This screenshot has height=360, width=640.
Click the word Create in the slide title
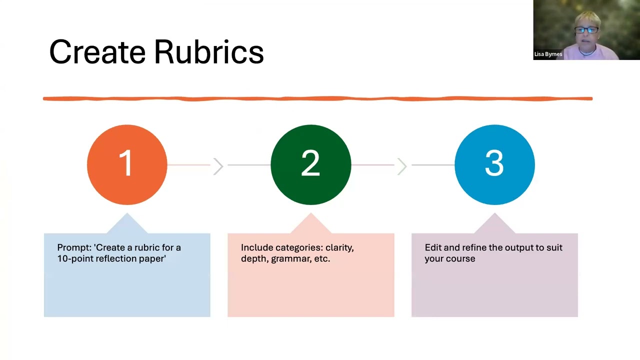pos(97,52)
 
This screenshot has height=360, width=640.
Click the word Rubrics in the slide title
pos(209,51)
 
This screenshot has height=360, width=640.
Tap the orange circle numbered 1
pos(127,164)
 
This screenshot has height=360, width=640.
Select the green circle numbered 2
pos(311,164)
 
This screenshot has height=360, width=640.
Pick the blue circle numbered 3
pos(494,164)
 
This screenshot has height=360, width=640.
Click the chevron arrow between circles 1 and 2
pos(218,166)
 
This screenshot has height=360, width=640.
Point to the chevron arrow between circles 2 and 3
pos(402,166)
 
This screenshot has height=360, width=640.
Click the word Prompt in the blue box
pos(74,247)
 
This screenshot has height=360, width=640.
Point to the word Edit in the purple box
pos(433,247)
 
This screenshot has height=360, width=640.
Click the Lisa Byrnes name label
pos(548,54)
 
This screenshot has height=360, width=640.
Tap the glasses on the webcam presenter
pos(586,29)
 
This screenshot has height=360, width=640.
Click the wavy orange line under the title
pos(317,98)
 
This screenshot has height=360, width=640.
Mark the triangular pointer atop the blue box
pos(127,223)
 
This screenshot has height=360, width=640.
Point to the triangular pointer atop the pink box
pos(311,223)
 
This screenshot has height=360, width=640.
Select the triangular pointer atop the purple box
pos(494,223)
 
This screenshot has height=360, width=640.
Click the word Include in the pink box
pos(257,247)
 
